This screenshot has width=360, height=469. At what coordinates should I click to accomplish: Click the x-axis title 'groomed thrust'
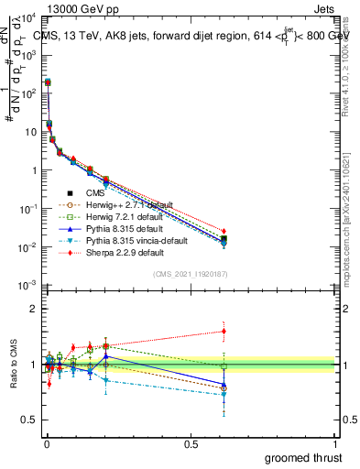tap(305, 457)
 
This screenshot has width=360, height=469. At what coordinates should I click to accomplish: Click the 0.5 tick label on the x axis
tap(191, 442)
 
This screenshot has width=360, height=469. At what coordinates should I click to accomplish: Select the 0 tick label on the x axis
tap(46, 442)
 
